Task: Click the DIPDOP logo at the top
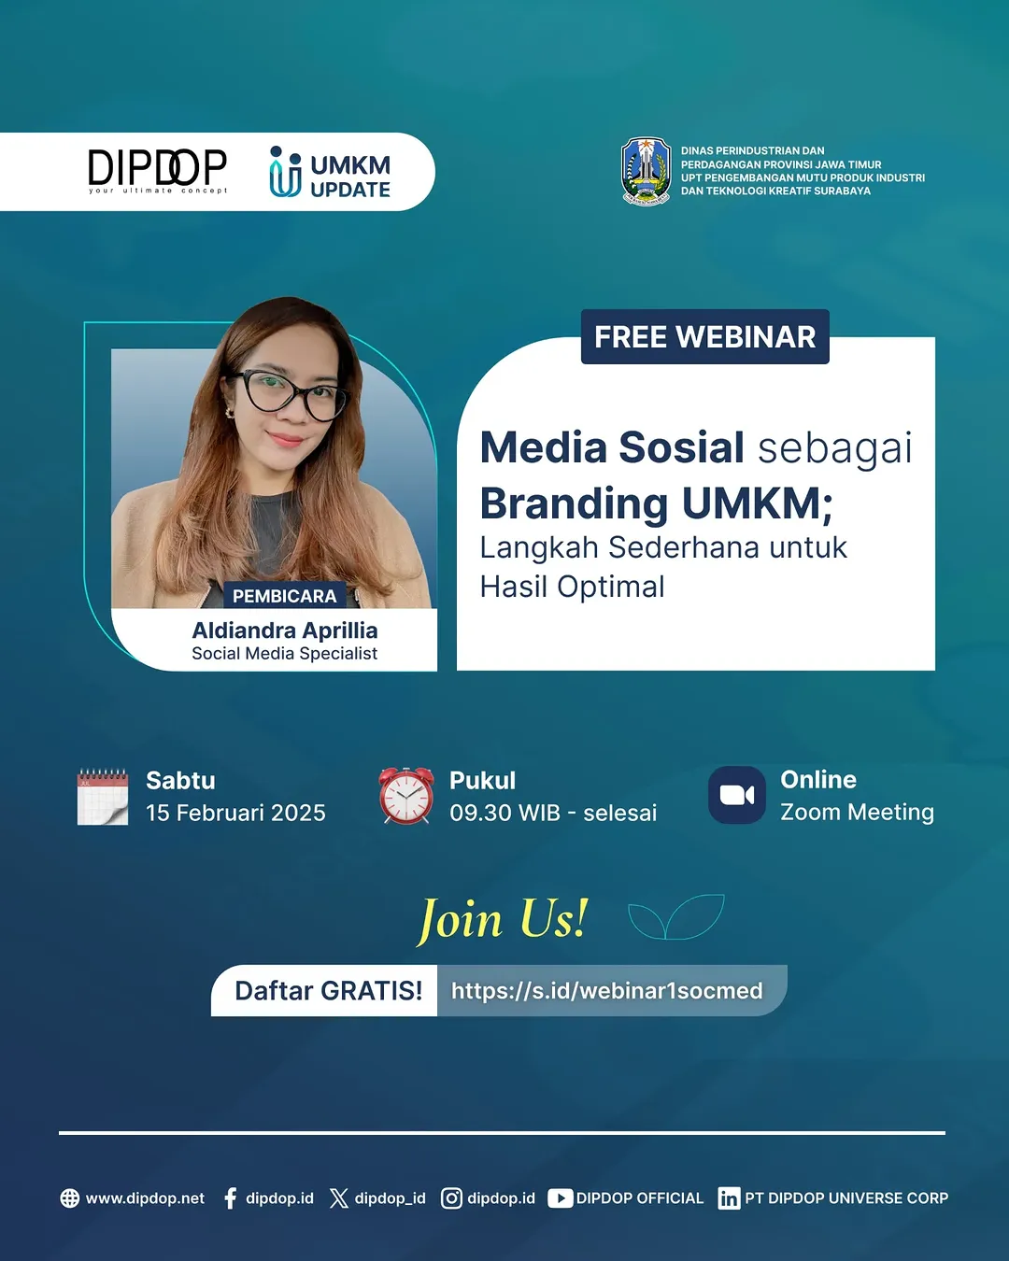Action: point(157,171)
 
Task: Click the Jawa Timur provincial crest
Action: point(647,171)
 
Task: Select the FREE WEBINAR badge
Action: point(704,337)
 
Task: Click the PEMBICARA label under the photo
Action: point(284,596)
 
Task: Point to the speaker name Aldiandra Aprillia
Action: point(285,630)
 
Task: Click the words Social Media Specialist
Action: point(285,654)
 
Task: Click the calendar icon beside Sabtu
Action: point(102,797)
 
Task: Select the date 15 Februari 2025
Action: point(235,813)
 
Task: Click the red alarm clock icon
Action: point(406,796)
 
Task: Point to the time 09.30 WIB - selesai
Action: point(553,813)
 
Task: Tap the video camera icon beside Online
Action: point(737,795)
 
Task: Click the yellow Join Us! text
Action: point(503,919)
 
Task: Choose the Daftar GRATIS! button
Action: point(328,990)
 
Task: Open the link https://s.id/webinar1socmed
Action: point(607,990)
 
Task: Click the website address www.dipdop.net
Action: point(145,1198)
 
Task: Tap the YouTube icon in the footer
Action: point(560,1198)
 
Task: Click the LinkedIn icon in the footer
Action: point(729,1198)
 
